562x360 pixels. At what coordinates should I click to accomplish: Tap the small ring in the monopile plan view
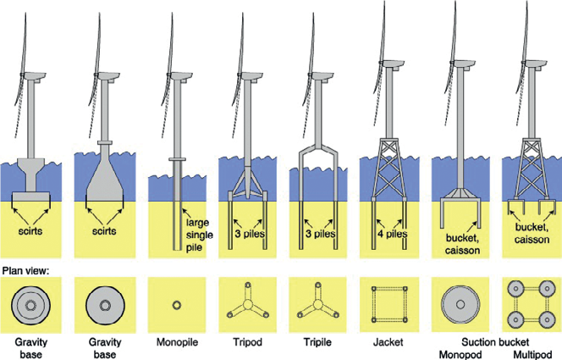click(176, 303)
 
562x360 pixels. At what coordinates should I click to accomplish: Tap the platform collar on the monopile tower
click(177, 158)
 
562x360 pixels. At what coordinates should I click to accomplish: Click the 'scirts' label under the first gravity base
click(34, 230)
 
